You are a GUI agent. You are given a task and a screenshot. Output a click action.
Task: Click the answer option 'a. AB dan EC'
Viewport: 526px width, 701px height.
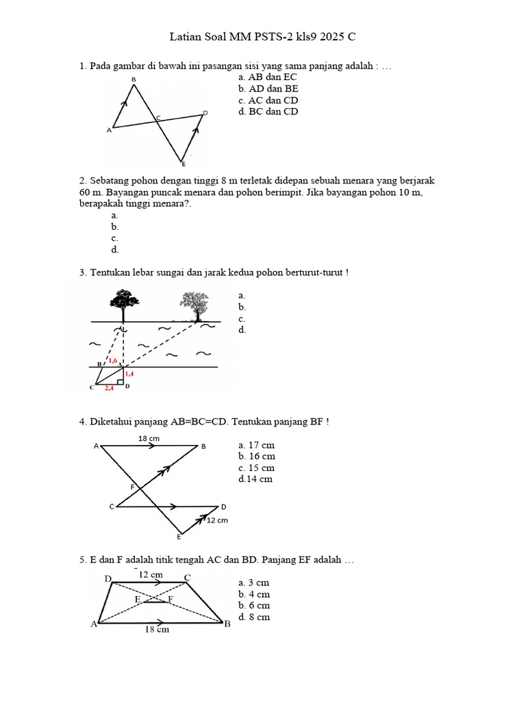[x=267, y=77]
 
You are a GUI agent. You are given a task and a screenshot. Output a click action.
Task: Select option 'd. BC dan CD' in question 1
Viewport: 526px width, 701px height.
[x=268, y=112]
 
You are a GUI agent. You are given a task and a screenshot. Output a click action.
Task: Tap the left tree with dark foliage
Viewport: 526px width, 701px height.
[x=123, y=302]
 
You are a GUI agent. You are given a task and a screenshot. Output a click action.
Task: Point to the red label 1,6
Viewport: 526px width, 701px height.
[x=113, y=360]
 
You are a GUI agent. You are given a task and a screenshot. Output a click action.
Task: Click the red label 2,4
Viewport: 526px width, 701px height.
[x=110, y=387]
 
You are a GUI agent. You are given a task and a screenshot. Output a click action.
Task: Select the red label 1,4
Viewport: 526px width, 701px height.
[x=129, y=374]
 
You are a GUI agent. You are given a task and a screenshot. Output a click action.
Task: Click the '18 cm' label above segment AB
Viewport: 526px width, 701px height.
[x=149, y=437]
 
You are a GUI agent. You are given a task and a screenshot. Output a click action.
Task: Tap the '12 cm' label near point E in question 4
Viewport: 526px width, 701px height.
[x=217, y=520]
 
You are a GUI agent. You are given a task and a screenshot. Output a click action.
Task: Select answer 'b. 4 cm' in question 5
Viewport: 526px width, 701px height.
[x=254, y=594]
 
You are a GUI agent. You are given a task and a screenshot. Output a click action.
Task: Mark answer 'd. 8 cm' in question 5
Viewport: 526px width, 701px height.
[x=254, y=617]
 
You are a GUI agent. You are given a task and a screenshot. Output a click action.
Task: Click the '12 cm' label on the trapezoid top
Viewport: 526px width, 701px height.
[x=151, y=575]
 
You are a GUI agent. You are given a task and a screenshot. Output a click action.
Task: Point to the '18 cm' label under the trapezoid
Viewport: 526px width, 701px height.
[x=157, y=630]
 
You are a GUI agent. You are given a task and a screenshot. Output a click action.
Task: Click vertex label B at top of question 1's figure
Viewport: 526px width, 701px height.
[x=134, y=80]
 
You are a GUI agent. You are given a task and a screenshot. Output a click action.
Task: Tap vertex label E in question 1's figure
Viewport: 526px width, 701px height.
[x=182, y=164]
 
